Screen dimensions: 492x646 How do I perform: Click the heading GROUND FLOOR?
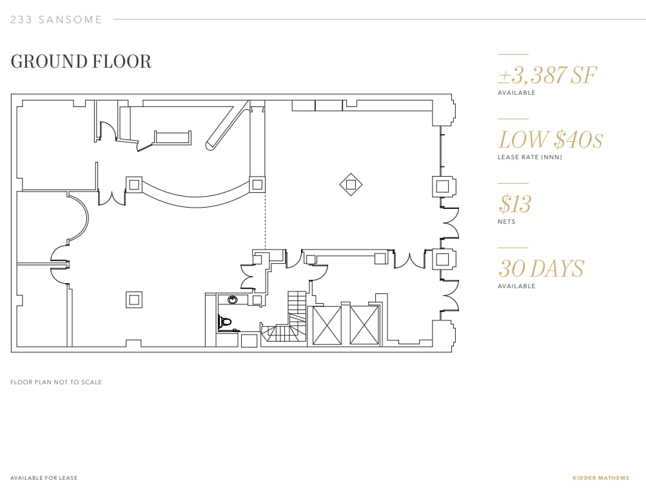click(x=81, y=62)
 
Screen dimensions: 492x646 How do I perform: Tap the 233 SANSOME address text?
click(x=56, y=20)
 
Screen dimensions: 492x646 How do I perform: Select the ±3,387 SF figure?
click(x=547, y=75)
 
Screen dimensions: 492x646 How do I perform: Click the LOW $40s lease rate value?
click(x=550, y=139)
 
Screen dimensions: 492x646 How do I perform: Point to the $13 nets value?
click(x=514, y=204)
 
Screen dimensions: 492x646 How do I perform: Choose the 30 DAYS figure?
click(x=541, y=268)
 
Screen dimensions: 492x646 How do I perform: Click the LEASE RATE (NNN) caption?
click(x=529, y=157)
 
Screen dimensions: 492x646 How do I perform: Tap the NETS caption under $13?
click(x=506, y=222)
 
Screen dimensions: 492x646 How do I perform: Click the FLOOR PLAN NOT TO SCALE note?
click(x=56, y=382)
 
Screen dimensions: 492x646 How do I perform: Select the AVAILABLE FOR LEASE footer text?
click(x=44, y=478)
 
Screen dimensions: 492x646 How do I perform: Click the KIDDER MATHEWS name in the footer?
click(x=600, y=478)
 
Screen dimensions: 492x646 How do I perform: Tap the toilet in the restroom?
click(x=224, y=321)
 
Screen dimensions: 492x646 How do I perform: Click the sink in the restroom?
click(x=232, y=300)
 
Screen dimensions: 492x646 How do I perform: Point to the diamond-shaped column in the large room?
click(x=351, y=185)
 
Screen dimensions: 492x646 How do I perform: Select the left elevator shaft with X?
click(x=327, y=326)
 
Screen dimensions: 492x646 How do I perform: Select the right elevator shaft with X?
click(x=364, y=326)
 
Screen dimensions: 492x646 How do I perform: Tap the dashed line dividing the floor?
click(x=265, y=219)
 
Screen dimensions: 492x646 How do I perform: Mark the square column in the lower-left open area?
click(x=134, y=300)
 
